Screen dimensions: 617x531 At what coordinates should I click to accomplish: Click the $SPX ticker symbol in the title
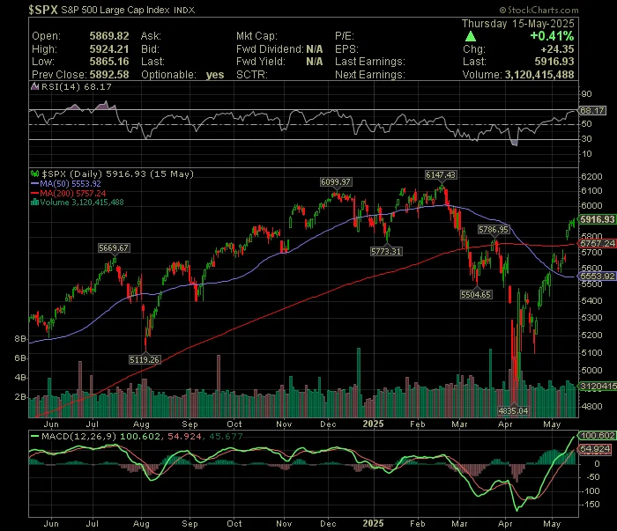point(43,10)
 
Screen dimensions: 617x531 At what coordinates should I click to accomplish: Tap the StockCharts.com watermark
point(539,10)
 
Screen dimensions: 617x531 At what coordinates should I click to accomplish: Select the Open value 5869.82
point(109,36)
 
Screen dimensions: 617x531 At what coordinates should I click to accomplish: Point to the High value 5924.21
point(109,49)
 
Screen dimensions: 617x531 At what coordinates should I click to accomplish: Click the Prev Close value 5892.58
point(109,74)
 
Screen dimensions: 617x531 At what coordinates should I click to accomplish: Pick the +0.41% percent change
point(552,36)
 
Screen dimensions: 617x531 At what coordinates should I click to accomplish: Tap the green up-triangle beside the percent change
point(470,37)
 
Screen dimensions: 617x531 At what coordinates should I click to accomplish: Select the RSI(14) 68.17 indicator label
point(76,86)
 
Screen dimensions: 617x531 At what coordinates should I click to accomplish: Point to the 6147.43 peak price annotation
point(441,175)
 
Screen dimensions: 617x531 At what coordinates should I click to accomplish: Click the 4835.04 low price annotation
point(513,410)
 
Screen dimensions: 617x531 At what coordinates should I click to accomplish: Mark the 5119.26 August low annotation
point(145,359)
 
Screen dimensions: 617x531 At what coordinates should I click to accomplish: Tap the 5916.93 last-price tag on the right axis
point(598,219)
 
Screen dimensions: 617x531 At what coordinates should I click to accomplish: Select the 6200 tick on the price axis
point(591,176)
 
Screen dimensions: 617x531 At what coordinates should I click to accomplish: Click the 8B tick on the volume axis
point(20,339)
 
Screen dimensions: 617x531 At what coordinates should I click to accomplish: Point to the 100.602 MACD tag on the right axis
point(598,436)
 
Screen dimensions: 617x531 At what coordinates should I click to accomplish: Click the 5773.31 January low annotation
point(386,251)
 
